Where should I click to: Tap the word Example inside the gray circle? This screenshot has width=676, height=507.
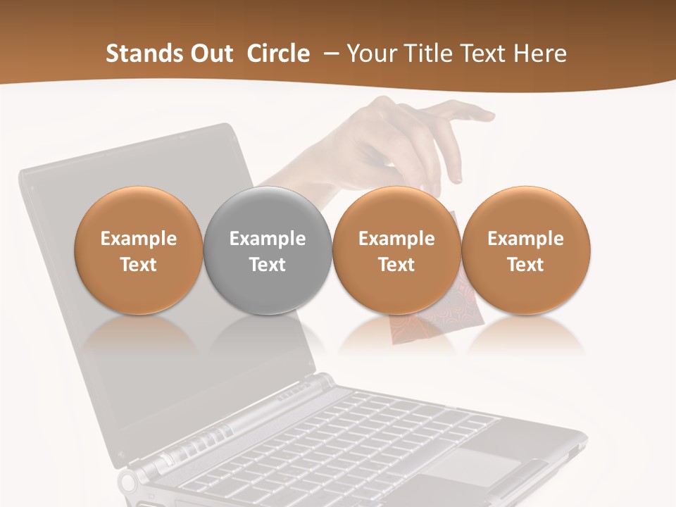click(268, 239)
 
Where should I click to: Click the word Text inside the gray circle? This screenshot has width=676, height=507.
click(268, 265)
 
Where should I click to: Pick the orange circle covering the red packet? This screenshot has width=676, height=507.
click(396, 250)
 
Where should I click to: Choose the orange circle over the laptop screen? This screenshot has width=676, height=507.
click(139, 250)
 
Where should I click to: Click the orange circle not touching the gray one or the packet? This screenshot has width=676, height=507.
click(525, 250)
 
